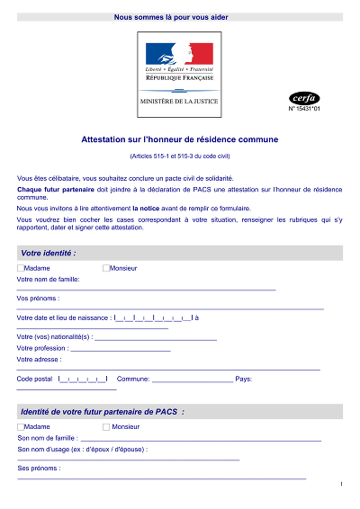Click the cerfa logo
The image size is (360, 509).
tap(304, 98)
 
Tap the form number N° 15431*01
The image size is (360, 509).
tap(304, 109)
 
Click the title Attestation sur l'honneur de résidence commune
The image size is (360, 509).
tap(180, 139)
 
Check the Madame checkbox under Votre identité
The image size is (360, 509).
tap(21, 268)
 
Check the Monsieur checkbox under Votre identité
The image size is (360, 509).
tap(105, 268)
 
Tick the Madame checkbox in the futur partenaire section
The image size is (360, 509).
tap(21, 426)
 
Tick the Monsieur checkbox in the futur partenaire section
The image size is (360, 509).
tap(105, 426)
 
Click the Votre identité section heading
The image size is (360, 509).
tap(49, 254)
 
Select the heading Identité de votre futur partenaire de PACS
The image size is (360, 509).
tap(102, 412)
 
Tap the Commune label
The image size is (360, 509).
tap(131, 379)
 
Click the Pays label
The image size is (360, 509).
tap(243, 379)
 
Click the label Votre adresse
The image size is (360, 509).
tap(39, 359)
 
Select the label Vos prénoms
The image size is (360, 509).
tap(38, 298)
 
